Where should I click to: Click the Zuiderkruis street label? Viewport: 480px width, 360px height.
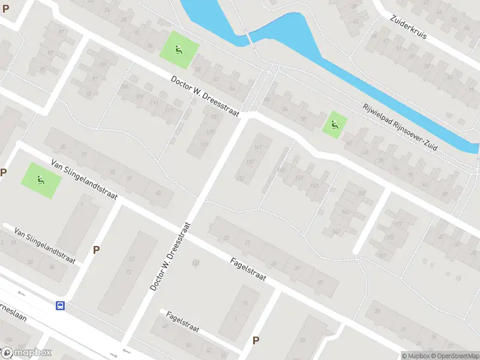(407, 28)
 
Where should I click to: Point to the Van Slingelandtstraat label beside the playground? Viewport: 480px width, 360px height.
(83, 179)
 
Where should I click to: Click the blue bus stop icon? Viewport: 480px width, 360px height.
(61, 305)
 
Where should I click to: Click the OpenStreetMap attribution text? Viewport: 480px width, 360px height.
(454, 356)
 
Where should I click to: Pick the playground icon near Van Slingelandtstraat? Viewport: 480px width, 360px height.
(41, 179)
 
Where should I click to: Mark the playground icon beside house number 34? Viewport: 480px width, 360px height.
(178, 49)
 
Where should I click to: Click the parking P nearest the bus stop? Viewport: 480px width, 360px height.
(96, 250)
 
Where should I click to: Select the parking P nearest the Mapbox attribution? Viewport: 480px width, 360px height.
(256, 341)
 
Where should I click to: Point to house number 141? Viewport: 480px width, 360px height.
(259, 147)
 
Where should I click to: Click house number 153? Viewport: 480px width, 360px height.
(313, 185)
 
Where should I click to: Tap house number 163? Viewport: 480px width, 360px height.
(345, 212)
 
